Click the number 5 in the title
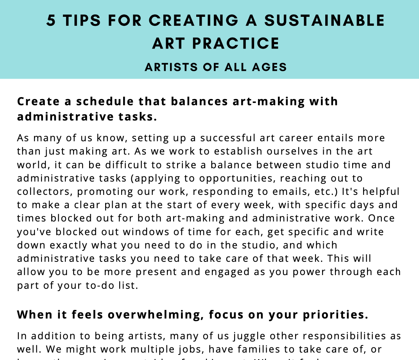(x=51, y=21)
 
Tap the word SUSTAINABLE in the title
(x=325, y=21)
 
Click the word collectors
(x=44, y=191)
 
